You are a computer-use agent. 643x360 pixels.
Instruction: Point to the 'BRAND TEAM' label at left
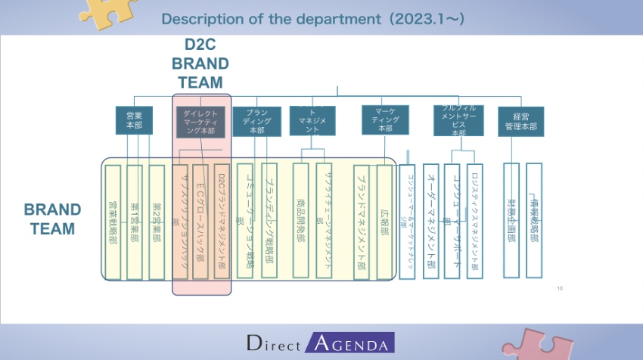52,219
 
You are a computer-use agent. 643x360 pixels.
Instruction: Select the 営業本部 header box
134,120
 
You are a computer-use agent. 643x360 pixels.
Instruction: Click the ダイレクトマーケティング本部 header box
200,122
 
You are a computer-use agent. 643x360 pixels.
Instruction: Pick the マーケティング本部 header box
385,119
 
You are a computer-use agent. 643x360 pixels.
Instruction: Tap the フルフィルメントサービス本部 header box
458,120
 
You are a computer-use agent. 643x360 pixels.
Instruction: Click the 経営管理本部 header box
521,121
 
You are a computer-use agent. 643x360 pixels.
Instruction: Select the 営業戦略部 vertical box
113,221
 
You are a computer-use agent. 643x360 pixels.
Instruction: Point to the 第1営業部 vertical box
135,221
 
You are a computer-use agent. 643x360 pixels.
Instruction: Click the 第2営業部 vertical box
157,221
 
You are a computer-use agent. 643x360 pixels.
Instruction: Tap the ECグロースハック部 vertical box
200,221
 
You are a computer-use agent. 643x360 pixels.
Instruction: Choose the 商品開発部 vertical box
301,221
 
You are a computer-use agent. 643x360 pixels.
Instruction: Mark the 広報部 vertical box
384,221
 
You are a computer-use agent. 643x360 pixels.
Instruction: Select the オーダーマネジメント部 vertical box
430,221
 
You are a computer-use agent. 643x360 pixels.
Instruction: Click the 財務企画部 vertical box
511,221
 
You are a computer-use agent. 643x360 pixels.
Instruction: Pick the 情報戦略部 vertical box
534,221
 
